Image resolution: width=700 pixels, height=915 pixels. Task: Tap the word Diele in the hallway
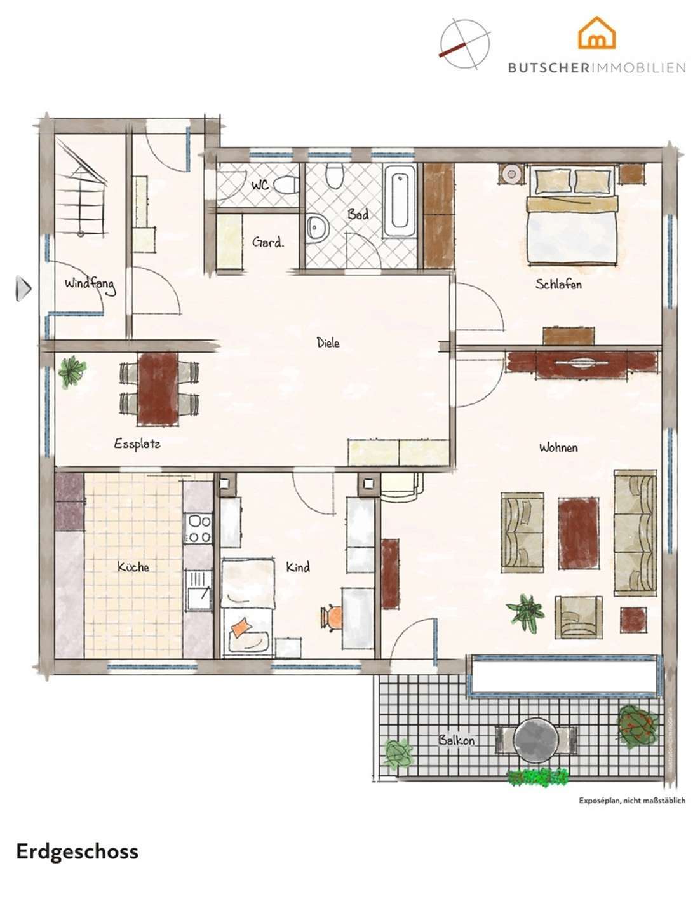pos(328,343)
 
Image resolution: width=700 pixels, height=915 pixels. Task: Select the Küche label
pos(133,566)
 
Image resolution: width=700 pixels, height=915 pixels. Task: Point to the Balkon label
pos(456,740)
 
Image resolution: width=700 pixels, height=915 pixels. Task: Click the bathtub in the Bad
pos(400,201)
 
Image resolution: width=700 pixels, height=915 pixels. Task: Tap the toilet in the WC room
pos(286,185)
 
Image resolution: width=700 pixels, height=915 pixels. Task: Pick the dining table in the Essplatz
pos(158,388)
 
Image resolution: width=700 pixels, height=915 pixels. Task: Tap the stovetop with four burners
pos(198,528)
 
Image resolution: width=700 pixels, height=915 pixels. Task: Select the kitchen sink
pos(198,592)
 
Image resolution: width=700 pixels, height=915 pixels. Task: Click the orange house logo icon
pos(596,34)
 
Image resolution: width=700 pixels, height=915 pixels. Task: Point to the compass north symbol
pos(464,44)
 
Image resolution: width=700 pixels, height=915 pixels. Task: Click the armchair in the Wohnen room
pos(577,616)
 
